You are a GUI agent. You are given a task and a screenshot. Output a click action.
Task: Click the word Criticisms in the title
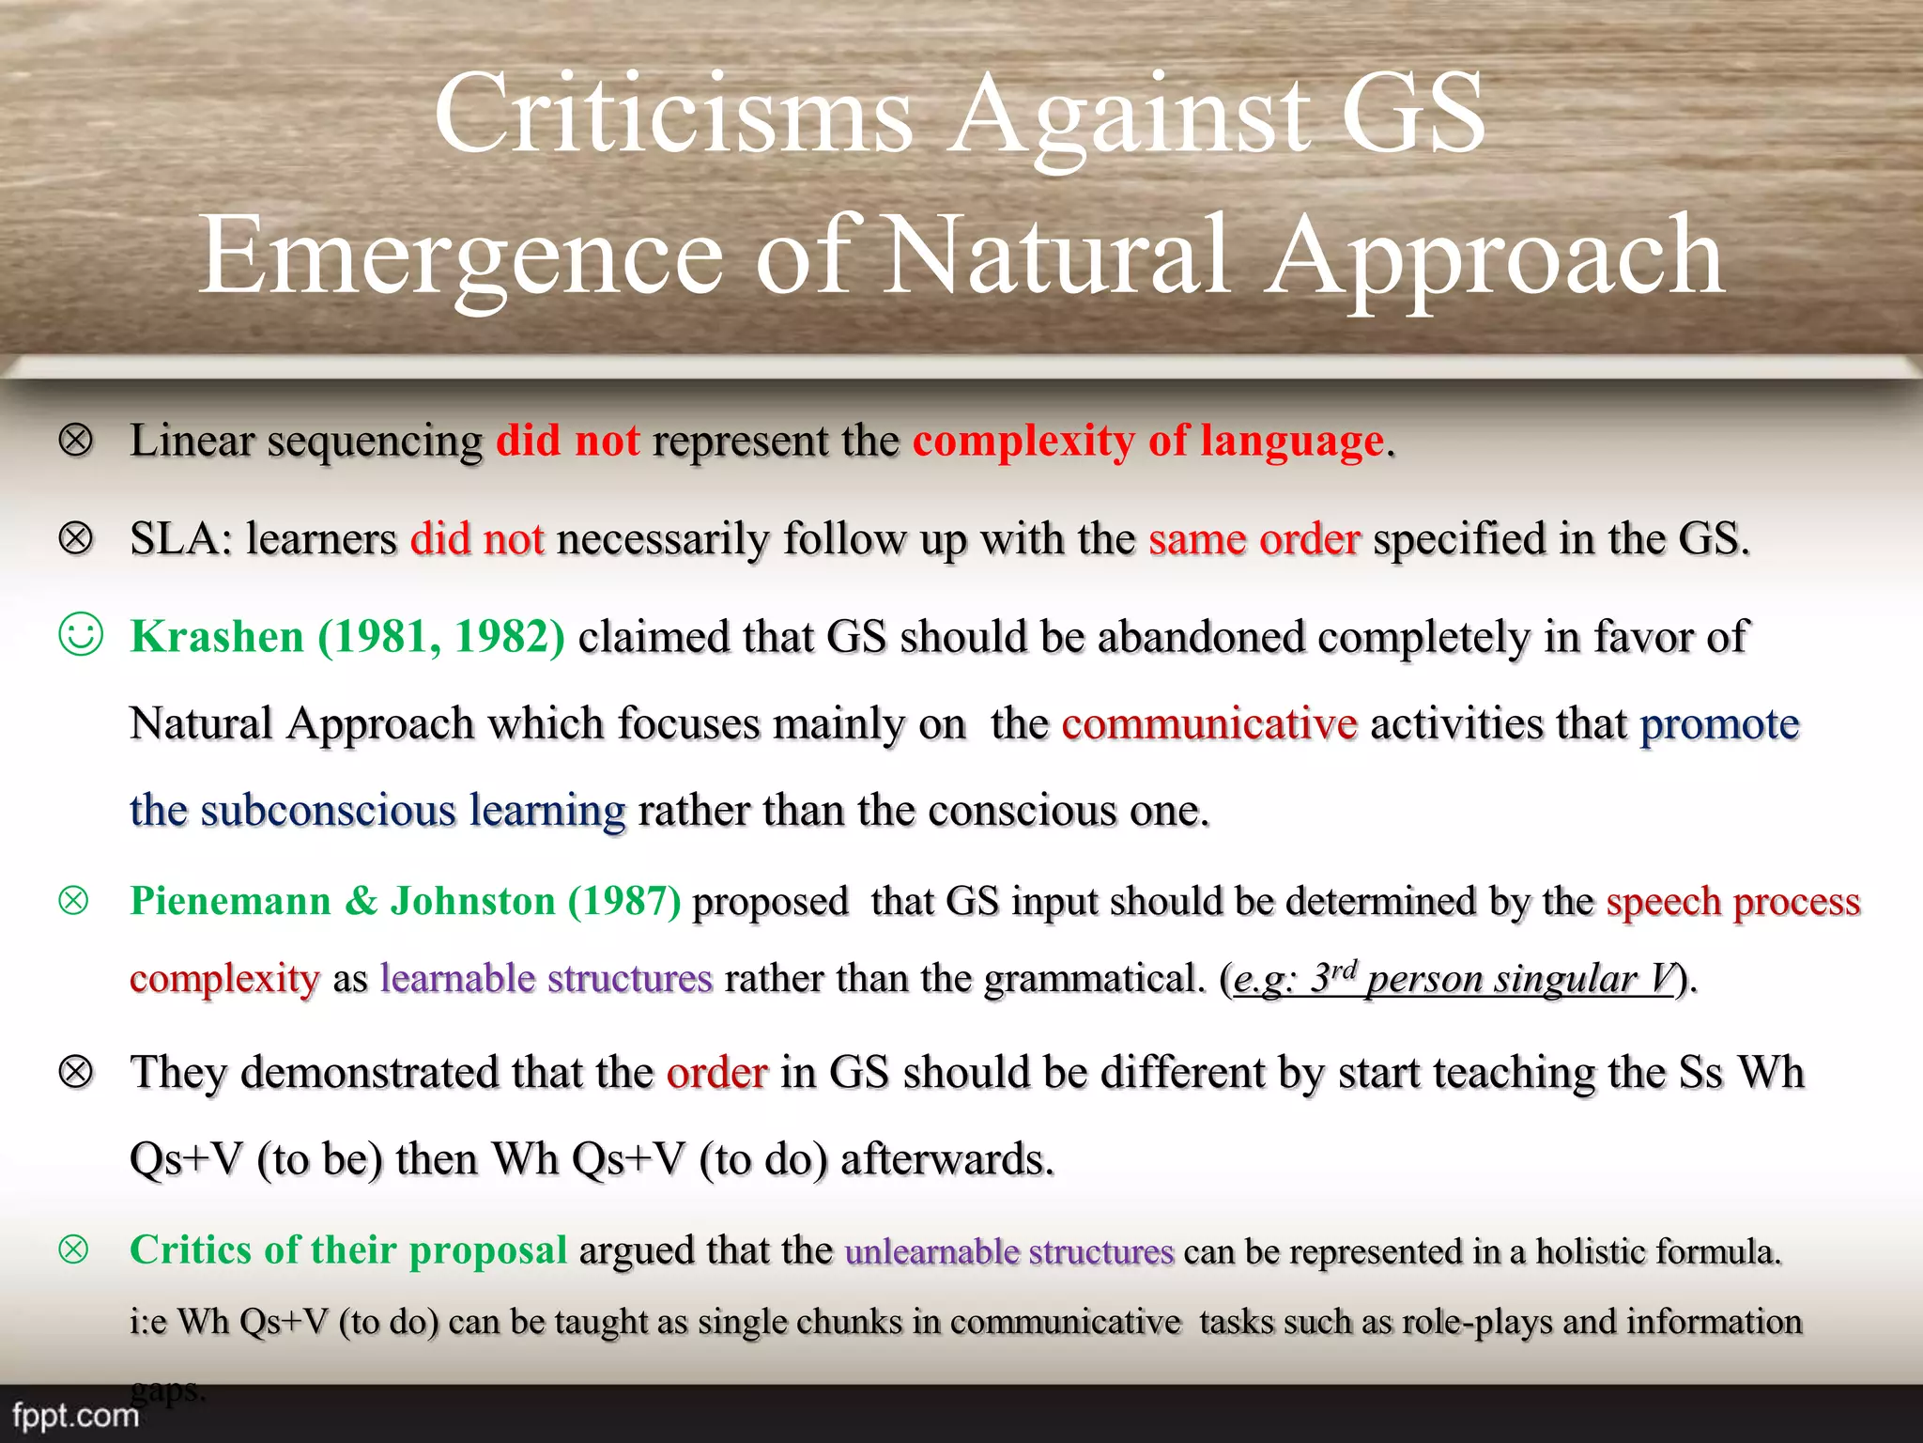[672, 115]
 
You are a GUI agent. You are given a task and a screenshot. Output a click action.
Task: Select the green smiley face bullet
[80, 635]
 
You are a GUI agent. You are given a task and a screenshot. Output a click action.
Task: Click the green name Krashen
[217, 637]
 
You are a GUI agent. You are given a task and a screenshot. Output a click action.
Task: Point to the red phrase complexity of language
[1148, 441]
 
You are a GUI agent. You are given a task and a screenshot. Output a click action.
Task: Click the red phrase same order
[1254, 539]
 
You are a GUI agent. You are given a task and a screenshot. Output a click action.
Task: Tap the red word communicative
[1209, 724]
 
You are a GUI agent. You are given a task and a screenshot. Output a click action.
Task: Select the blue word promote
[1719, 724]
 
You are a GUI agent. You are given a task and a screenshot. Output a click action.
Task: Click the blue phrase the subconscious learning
[377, 811]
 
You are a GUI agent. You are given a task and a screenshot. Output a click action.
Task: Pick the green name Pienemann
[230, 901]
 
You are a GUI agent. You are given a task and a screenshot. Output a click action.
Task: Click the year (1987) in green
[624, 901]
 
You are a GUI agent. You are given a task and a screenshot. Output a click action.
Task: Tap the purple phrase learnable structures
[546, 979]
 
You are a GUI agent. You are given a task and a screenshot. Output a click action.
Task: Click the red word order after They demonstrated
[716, 1073]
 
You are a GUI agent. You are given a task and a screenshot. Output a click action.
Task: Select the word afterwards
[947, 1159]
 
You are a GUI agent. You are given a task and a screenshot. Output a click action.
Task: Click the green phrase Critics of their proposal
[348, 1250]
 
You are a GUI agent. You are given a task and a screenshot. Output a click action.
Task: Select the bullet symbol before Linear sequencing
[76, 440]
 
